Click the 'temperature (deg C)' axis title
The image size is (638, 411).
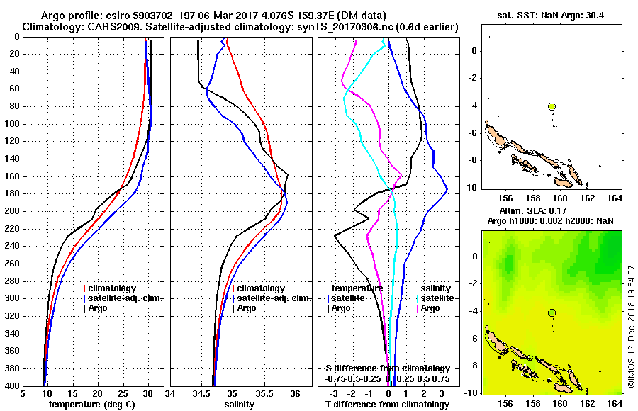(91, 405)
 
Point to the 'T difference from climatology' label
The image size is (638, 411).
(387, 405)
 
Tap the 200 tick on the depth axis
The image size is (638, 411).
(12, 211)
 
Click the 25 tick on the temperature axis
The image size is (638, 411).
(123, 394)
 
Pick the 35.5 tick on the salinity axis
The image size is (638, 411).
(264, 394)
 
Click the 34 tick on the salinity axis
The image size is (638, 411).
(170, 394)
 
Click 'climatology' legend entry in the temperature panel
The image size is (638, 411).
(116, 288)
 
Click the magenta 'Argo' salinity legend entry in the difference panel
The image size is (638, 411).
(430, 308)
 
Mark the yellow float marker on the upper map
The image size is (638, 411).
(552, 106)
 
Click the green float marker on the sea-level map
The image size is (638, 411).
(552, 313)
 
